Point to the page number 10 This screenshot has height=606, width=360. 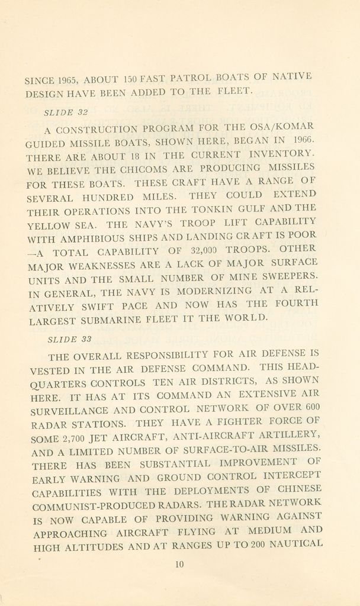point(181,564)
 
